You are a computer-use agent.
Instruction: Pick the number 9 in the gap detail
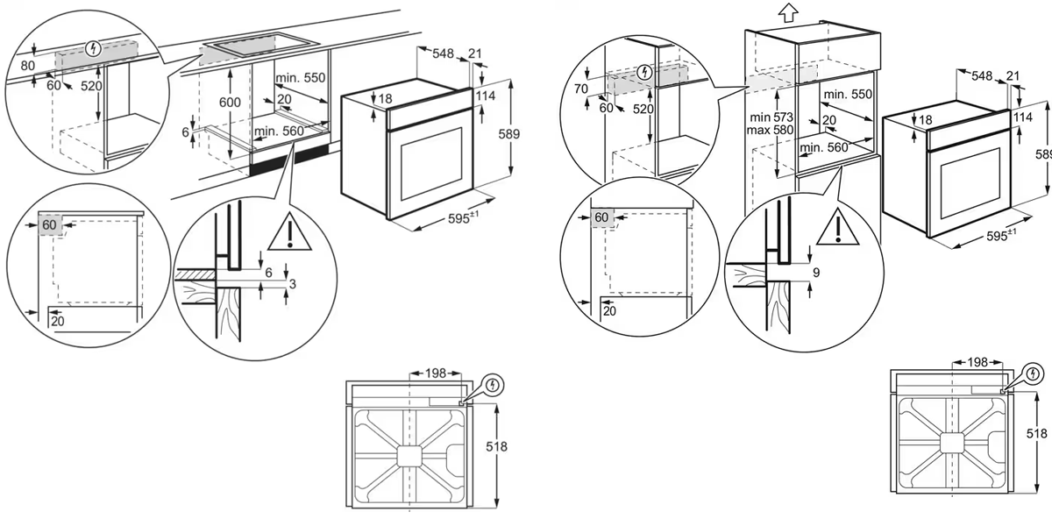pos(816,273)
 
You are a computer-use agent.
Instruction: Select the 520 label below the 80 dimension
pos(91,86)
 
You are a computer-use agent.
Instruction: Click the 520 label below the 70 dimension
pos(644,109)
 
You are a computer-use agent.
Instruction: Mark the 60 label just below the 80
pos(53,86)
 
